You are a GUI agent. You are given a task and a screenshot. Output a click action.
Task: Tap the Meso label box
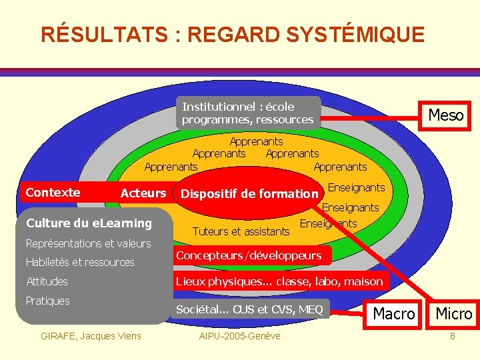pyautogui.click(x=445, y=115)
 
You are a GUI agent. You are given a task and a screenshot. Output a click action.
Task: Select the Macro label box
pyautogui.click(x=393, y=313)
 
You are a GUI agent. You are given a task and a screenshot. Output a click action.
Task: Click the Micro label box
pyautogui.click(x=453, y=313)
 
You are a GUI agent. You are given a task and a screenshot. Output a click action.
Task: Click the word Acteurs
pyautogui.click(x=143, y=193)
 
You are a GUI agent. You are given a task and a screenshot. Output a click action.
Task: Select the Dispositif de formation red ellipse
pyautogui.click(x=249, y=194)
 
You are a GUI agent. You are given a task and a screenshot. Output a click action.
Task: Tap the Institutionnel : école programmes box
pyautogui.click(x=249, y=113)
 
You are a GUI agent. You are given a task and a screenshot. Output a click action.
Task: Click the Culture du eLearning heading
pyautogui.click(x=89, y=223)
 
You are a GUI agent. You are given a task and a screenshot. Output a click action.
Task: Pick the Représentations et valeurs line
pyautogui.click(x=88, y=243)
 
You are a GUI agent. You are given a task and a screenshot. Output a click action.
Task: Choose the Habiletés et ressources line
pyautogui.click(x=80, y=262)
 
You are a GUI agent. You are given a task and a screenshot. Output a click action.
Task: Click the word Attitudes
pyautogui.click(x=47, y=281)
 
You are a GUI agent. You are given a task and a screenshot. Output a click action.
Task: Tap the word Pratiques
pyautogui.click(x=47, y=301)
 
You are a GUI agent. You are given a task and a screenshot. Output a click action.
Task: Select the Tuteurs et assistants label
pyautogui.click(x=241, y=231)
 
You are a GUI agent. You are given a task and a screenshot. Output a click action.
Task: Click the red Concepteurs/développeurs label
pyautogui.click(x=249, y=255)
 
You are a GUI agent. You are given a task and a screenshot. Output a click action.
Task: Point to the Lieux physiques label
pyautogui.click(x=279, y=281)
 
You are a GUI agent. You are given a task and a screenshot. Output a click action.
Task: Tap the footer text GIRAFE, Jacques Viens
pyautogui.click(x=91, y=335)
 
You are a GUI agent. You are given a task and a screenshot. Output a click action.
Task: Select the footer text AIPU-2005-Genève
pyautogui.click(x=240, y=335)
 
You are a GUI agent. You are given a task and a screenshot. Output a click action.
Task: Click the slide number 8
pyautogui.click(x=453, y=335)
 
